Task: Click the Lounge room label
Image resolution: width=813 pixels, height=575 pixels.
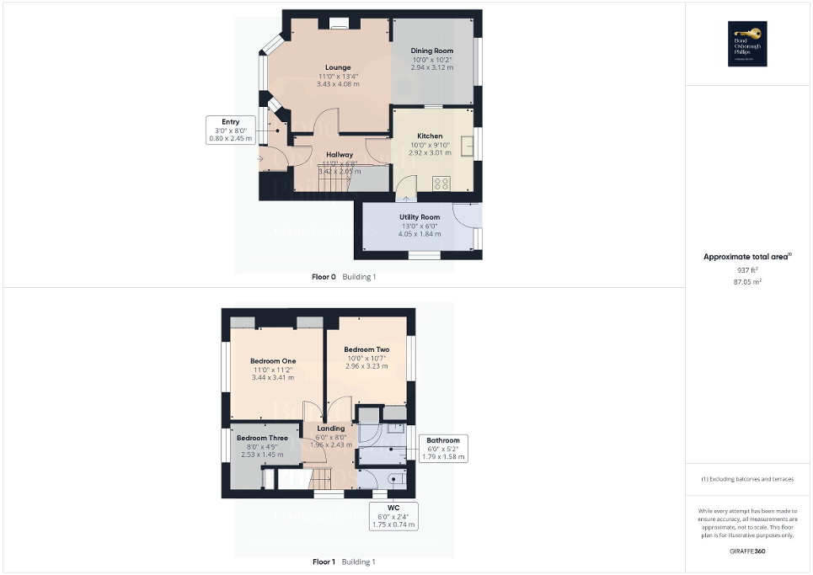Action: point(339,67)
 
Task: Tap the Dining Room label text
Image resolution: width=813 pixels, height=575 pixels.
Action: point(432,51)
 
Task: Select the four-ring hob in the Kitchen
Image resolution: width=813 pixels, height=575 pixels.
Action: point(441,182)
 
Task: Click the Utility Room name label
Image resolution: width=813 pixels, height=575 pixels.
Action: point(420,217)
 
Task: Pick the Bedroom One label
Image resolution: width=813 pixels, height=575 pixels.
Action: point(273,361)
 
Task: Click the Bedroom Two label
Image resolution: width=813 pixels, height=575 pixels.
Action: point(366,349)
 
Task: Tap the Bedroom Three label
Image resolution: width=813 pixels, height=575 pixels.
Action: point(262,439)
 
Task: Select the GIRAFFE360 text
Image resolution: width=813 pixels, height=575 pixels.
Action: point(748,550)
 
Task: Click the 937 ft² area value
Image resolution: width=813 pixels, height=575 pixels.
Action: point(748,270)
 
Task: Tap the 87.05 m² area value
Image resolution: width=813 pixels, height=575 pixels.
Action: point(748,282)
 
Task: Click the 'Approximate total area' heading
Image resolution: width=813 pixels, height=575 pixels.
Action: point(746,257)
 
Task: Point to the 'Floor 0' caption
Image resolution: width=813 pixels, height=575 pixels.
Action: point(324,277)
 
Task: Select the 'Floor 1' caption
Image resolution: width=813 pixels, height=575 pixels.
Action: point(324,562)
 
